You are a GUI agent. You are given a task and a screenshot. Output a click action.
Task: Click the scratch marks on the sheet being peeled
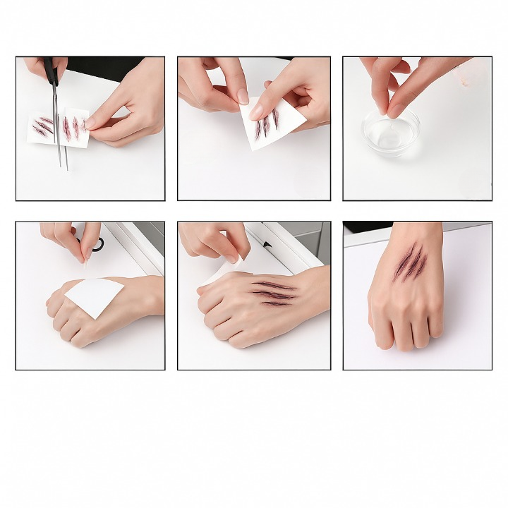(267, 125)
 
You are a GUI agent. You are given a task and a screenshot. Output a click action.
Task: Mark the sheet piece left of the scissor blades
(43, 127)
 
